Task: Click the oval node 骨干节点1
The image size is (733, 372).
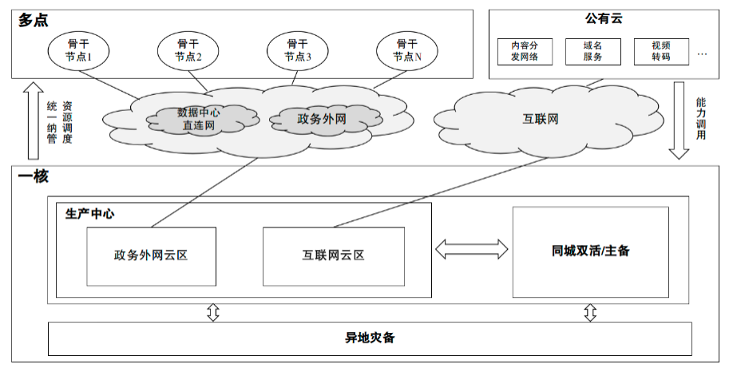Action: click(78, 50)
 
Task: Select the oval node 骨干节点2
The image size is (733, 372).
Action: click(188, 50)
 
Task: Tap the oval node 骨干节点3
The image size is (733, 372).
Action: click(298, 50)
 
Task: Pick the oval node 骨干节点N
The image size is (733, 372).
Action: click(407, 50)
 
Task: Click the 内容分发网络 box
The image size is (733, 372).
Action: click(525, 51)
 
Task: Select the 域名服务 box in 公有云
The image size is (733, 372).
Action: click(592, 51)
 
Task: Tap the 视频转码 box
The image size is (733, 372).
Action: click(660, 51)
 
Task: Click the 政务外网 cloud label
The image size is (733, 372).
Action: click(321, 119)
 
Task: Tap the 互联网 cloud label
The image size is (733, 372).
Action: click(540, 120)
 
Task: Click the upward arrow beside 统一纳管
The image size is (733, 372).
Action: click(31, 120)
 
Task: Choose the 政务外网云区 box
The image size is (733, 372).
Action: click(151, 255)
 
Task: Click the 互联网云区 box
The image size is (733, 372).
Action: click(333, 255)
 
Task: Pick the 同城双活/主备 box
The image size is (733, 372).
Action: click(590, 251)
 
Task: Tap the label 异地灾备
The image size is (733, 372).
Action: click(370, 338)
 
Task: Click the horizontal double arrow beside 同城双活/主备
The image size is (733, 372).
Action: click(472, 249)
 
